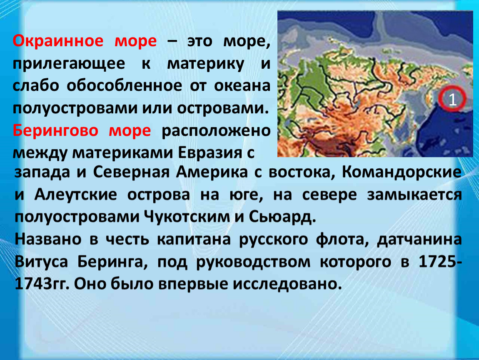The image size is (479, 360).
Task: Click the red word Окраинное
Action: [x=58, y=41]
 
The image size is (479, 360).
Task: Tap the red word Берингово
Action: [x=55, y=131]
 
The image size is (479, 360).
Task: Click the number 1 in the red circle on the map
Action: [x=452, y=99]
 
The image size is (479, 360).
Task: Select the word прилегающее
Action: [x=69, y=64]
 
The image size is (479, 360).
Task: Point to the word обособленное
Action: [x=125, y=85]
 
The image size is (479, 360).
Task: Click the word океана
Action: [x=242, y=86]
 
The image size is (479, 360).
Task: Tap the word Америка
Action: [x=212, y=172]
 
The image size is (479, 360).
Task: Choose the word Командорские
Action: [x=402, y=172]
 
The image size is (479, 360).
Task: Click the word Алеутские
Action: [x=75, y=195]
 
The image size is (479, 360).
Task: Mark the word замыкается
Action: [x=414, y=195]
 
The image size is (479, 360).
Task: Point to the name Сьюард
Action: [x=282, y=217]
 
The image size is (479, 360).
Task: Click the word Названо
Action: [x=48, y=239]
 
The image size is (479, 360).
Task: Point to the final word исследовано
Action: [x=287, y=284]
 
